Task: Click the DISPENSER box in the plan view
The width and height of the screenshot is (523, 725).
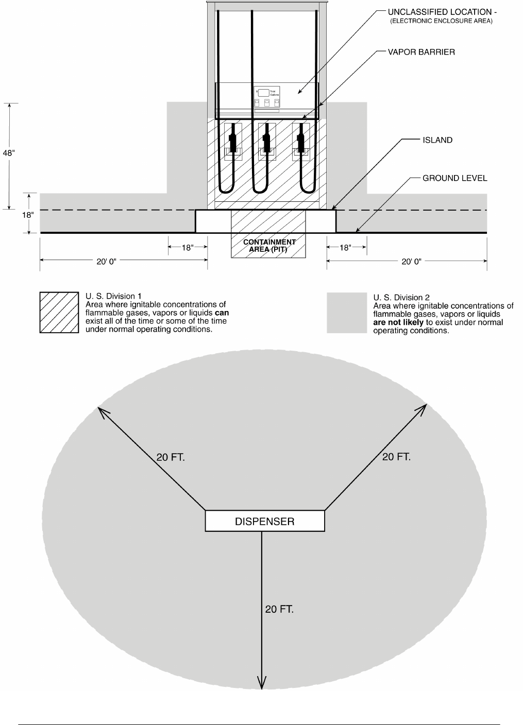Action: pyautogui.click(x=265, y=521)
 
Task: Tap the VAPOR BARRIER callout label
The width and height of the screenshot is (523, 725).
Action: pyautogui.click(x=421, y=52)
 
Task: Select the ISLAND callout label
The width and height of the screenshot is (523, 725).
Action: pyautogui.click(x=437, y=140)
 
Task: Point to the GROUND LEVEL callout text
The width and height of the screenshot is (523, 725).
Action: pyautogui.click(x=454, y=178)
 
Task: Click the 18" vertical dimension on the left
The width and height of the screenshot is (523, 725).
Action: pyautogui.click(x=27, y=215)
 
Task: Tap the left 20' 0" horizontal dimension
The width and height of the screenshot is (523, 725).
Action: pyautogui.click(x=107, y=261)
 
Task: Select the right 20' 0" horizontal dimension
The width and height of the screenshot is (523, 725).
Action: pyautogui.click(x=411, y=262)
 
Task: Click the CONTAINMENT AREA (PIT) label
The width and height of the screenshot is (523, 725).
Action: pyautogui.click(x=269, y=246)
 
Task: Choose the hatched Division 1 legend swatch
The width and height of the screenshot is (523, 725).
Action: pyautogui.click(x=59, y=313)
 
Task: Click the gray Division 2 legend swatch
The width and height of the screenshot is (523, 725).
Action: pyautogui.click(x=346, y=313)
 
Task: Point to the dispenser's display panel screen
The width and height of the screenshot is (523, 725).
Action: pyautogui.click(x=263, y=93)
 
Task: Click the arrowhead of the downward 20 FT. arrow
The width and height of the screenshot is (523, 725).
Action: pyautogui.click(x=262, y=684)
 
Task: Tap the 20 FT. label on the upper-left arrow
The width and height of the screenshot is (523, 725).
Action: pyautogui.click(x=171, y=457)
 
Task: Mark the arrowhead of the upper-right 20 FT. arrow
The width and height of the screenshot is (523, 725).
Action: pyautogui.click(x=423, y=408)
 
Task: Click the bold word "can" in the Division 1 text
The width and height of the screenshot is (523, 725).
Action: pyautogui.click(x=222, y=313)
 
